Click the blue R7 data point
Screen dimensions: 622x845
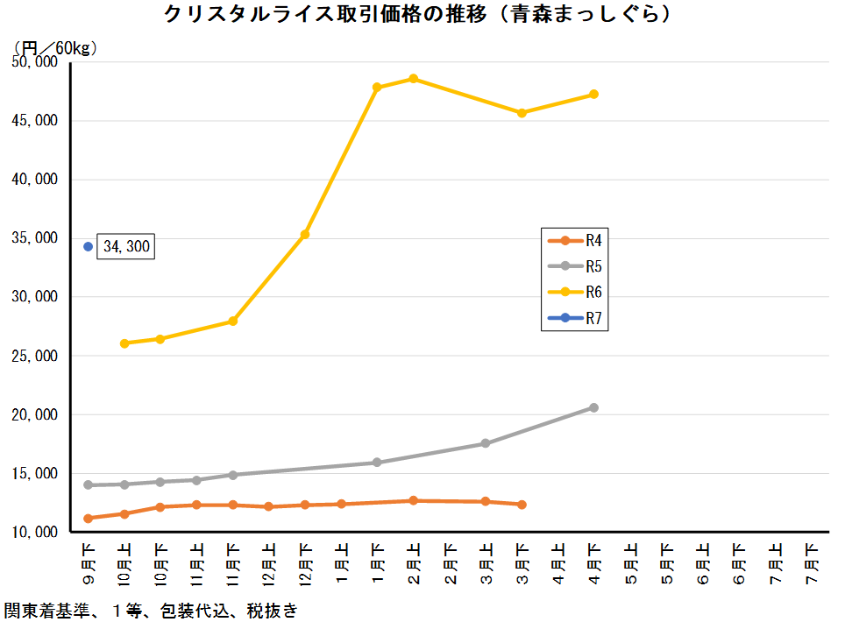pyautogui.click(x=88, y=247)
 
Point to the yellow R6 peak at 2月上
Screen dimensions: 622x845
pyautogui.click(x=414, y=79)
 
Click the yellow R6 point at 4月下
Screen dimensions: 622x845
pyautogui.click(x=593, y=94)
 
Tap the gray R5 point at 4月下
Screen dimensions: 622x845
pyautogui.click(x=593, y=407)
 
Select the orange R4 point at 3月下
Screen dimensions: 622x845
pyautogui.click(x=522, y=505)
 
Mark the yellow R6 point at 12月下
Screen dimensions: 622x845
pyautogui.click(x=305, y=234)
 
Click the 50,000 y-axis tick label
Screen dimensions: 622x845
pyautogui.click(x=34, y=62)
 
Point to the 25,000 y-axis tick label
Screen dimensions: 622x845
pyautogui.click(x=34, y=357)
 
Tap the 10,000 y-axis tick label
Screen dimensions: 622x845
pyautogui.click(x=34, y=533)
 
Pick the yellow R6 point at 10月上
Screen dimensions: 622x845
pyautogui.click(x=124, y=343)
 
